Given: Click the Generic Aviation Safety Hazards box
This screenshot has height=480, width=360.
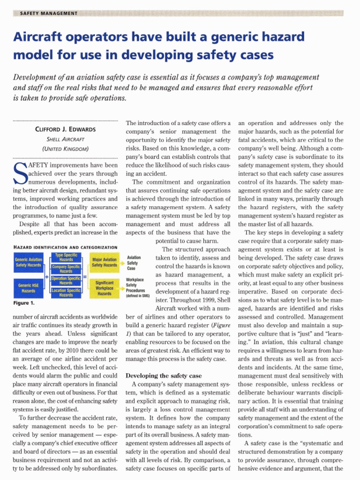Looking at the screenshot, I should click(28, 262).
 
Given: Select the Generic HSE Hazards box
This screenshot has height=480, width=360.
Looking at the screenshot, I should click(28, 288).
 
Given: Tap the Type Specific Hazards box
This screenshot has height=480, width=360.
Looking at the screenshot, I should click(66, 257).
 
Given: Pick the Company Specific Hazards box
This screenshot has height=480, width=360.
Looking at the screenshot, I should click(66, 269).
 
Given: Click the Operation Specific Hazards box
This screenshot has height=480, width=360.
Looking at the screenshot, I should click(66, 280).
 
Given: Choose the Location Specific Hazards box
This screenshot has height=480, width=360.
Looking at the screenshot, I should click(66, 292).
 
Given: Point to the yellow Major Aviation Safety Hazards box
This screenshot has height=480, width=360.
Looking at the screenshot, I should click(105, 262).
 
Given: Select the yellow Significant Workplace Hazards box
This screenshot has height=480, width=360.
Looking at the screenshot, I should click(105, 287).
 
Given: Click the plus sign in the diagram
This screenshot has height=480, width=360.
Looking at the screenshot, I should click(47, 277).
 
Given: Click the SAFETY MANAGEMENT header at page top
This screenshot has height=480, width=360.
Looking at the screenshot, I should click(49, 13).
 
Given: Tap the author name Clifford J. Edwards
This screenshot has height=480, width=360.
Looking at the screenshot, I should click(66, 129).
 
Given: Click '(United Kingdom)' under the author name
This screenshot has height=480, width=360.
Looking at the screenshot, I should click(66, 149).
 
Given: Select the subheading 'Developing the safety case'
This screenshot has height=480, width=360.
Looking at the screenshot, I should click(164, 375).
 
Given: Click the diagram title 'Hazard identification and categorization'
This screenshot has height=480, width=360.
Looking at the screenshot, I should click(65, 247).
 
